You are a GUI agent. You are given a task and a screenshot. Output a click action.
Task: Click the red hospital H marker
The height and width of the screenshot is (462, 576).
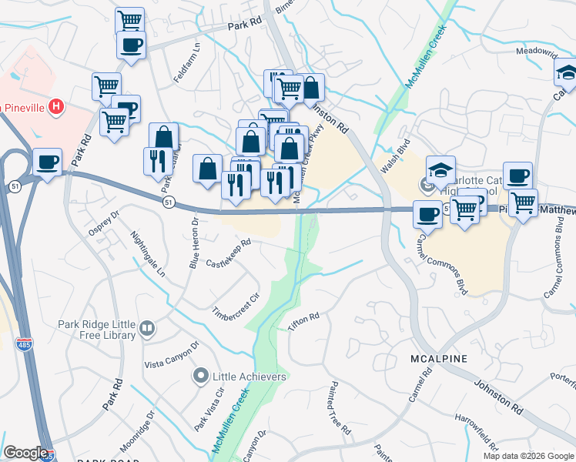(55, 107)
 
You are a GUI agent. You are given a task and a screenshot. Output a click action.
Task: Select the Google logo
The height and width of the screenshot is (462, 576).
(25, 453)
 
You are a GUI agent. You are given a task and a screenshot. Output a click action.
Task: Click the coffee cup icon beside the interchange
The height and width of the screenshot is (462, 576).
(48, 163)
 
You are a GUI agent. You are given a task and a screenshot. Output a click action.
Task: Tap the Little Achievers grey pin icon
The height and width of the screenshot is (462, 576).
(201, 377)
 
